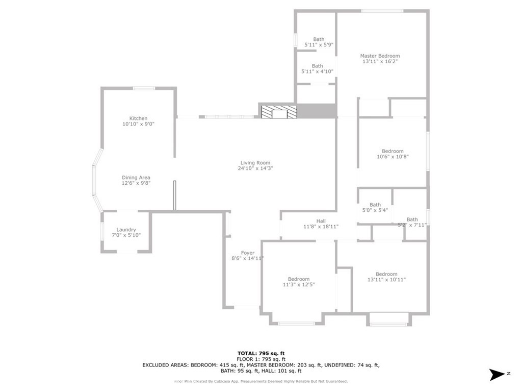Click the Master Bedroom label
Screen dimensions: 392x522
point(380,56)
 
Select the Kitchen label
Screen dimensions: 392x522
point(138,118)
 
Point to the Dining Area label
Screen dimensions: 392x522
point(136,178)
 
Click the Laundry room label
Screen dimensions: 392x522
point(126,230)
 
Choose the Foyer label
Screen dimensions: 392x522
point(248,253)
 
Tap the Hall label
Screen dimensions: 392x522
point(321,221)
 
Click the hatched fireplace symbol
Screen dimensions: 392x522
point(278,112)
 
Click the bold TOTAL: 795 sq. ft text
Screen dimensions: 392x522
point(261,353)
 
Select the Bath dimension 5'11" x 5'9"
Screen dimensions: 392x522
point(319,45)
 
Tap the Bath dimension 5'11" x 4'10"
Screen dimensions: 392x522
point(317,71)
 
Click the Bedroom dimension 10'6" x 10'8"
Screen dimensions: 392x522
point(393,157)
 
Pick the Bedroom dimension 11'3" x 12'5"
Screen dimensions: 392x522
point(298,285)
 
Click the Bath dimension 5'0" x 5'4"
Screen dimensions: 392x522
point(375,210)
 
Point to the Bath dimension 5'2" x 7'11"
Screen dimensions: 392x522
point(412,225)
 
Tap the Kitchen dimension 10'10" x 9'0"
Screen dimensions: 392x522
point(138,124)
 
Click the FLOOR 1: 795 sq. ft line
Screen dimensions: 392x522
point(261,359)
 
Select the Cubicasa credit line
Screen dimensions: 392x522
point(261,381)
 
